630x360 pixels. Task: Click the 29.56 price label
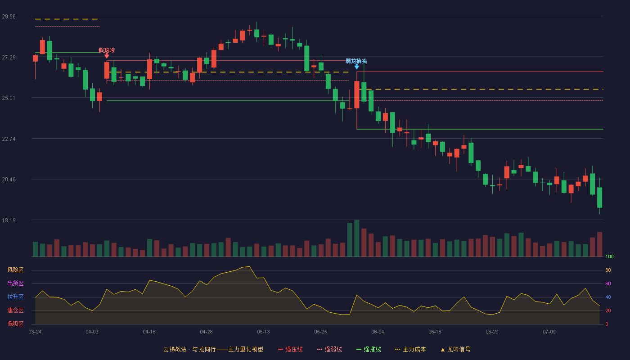[x=9, y=17]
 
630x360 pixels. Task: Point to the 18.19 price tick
[x=9, y=220]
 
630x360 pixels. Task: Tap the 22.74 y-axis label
[x=9, y=139]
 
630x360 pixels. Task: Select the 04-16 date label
[x=149, y=332]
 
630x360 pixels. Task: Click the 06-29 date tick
[x=492, y=332]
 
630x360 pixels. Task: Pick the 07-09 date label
[x=549, y=332]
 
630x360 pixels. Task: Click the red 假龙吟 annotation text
[x=107, y=50]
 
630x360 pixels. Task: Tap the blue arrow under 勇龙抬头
[x=356, y=67]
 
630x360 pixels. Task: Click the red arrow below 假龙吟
[x=107, y=56]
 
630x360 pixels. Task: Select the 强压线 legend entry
[x=291, y=349]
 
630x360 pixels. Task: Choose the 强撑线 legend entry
[x=369, y=349]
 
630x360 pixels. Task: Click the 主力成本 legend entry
[x=410, y=349]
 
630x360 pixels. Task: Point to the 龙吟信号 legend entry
[x=455, y=349]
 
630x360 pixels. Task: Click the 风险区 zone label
[x=15, y=270]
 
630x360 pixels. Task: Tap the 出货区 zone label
[x=15, y=283]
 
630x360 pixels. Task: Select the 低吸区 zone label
[x=15, y=324]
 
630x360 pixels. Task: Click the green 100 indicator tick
[x=609, y=256]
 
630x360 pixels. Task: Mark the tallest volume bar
[x=356, y=238]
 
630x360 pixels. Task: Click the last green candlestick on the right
[x=599, y=198]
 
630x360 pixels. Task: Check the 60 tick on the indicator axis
[x=608, y=283]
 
